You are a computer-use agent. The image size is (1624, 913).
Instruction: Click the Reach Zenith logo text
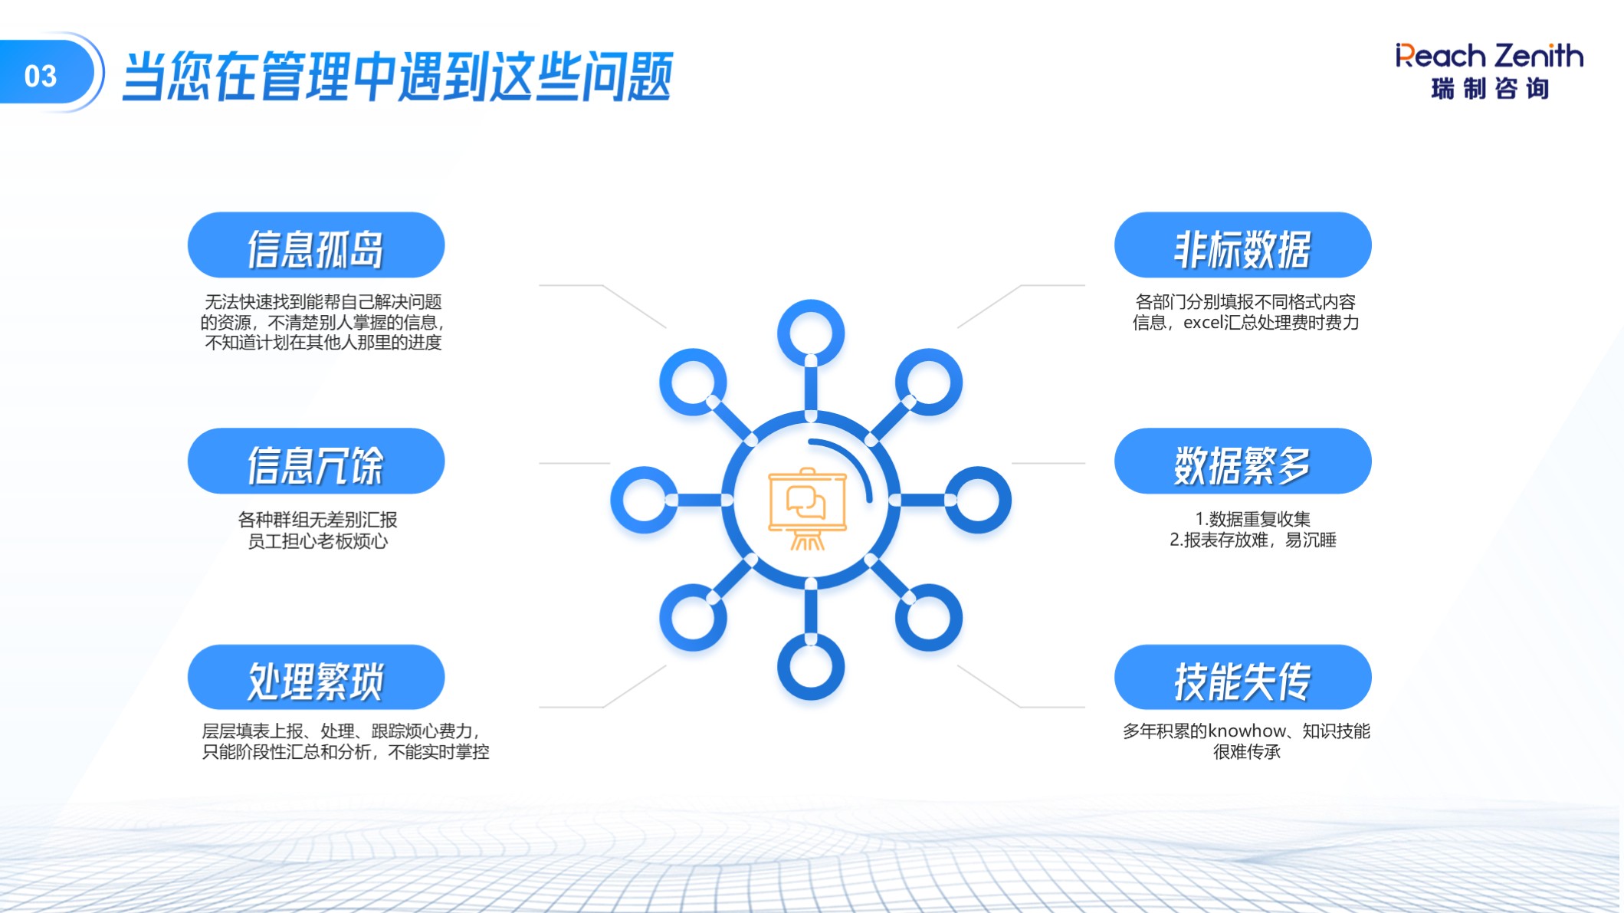pos(1489,56)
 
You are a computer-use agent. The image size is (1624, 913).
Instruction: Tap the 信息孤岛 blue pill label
pos(316,245)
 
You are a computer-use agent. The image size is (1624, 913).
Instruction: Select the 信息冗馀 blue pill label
pos(316,461)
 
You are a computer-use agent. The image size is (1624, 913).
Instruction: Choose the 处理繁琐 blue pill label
pos(316,678)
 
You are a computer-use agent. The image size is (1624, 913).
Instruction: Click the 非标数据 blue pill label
pos(1242,245)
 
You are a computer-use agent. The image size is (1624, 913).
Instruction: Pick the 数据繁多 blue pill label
pos(1242,461)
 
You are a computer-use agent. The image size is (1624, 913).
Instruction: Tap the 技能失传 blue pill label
pos(1242,678)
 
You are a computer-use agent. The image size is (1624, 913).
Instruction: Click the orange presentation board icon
pos(807,508)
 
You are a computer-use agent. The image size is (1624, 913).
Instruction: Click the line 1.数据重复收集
pos(1252,519)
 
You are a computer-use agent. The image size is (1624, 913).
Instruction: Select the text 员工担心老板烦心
pos(317,541)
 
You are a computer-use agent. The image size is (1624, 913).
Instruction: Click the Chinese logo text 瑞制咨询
pos(1490,88)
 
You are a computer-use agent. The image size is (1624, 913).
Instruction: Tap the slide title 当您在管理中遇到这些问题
pos(397,76)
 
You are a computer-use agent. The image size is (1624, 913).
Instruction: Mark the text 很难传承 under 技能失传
pos(1247,752)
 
